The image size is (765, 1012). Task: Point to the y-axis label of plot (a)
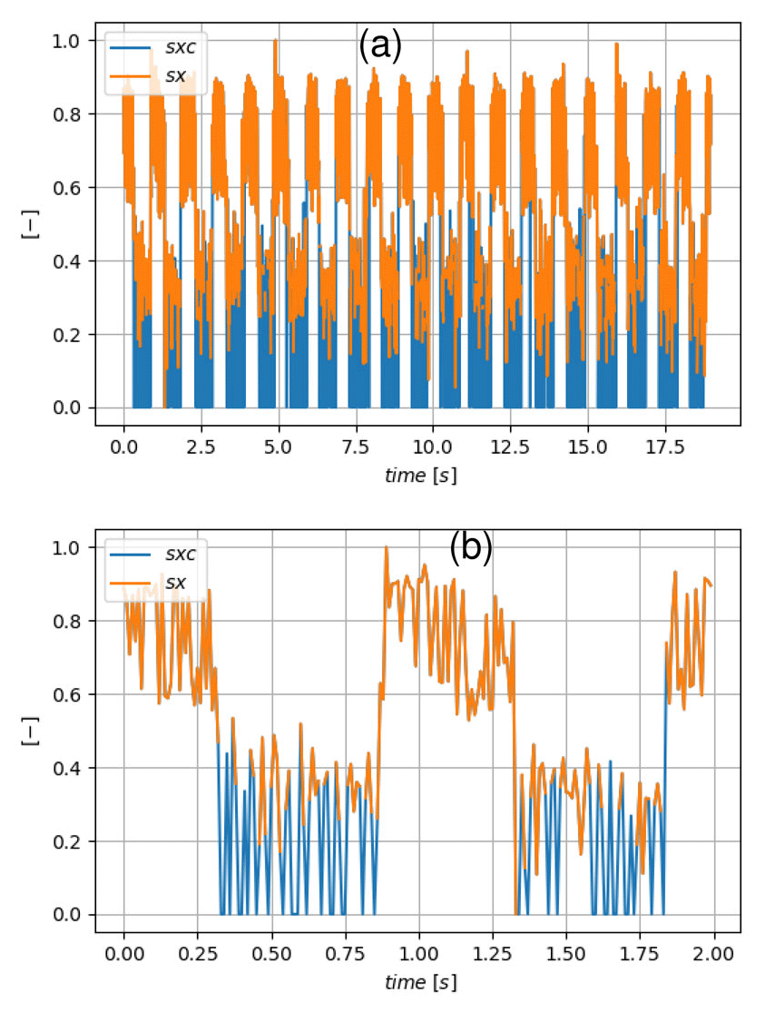tap(29, 225)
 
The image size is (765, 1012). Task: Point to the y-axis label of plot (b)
tap(29, 732)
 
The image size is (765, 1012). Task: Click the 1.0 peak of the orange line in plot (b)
tap(387, 547)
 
